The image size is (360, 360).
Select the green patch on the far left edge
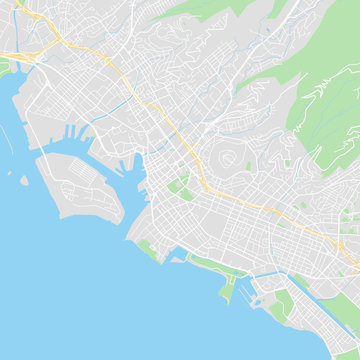click(4, 68)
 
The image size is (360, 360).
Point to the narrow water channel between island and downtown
click(130, 200)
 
